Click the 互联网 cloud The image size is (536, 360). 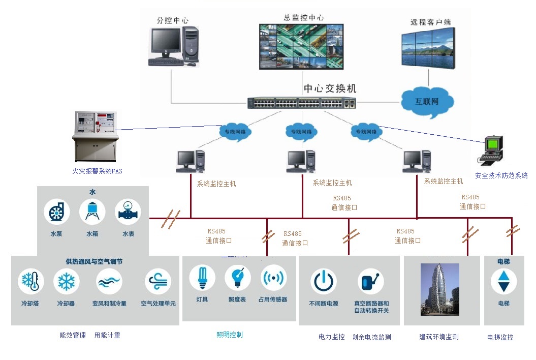pos(427,101)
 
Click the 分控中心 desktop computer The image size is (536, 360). pos(173,46)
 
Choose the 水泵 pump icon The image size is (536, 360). pos(56,212)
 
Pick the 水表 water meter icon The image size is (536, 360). pos(128,212)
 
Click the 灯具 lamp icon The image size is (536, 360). pos(202,278)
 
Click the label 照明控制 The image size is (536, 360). pos(230,335)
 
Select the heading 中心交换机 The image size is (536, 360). pos(330,88)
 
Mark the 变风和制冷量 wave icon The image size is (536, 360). pos(109,282)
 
